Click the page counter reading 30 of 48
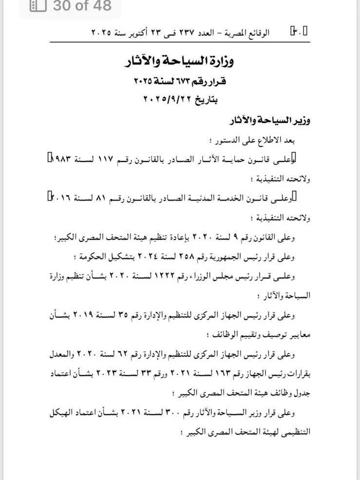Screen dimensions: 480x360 (x=81, y=6)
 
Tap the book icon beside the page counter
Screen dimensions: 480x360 (x=38, y=6)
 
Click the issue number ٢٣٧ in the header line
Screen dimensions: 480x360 (x=195, y=33)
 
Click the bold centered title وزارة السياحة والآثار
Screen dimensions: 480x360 (x=181, y=62)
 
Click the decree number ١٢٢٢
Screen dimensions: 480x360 (x=178, y=276)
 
